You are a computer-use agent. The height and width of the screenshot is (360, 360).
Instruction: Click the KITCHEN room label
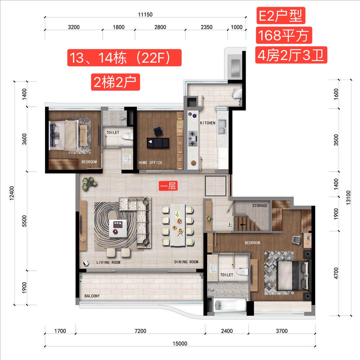(208, 123)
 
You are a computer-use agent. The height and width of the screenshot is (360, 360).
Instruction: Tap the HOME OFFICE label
(150, 163)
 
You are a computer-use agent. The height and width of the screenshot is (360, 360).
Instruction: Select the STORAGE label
(260, 205)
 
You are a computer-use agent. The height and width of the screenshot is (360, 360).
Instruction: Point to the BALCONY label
(92, 296)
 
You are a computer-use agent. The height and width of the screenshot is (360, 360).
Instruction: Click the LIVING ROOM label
(108, 262)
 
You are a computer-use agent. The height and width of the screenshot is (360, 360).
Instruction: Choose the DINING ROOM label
(186, 262)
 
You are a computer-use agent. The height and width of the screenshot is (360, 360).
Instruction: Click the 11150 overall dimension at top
(145, 14)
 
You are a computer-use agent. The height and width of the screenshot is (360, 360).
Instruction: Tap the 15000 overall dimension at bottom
(180, 343)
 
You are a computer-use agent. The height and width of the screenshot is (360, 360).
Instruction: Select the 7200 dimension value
(140, 331)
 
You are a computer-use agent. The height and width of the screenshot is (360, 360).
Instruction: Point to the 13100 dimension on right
(348, 198)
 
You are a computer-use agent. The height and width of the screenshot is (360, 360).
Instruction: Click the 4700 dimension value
(336, 273)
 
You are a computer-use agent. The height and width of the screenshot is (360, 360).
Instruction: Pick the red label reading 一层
(168, 186)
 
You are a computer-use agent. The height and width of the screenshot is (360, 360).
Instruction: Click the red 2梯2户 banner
(115, 82)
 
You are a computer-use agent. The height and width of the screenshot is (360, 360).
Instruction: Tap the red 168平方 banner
(284, 35)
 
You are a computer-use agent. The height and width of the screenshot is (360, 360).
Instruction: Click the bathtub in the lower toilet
(230, 305)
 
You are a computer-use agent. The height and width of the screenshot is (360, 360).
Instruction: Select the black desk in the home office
(158, 143)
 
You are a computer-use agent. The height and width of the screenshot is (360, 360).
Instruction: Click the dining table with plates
(177, 225)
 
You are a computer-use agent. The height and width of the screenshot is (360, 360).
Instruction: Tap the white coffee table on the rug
(118, 228)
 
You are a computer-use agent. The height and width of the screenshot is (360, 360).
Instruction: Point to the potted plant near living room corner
(89, 183)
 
